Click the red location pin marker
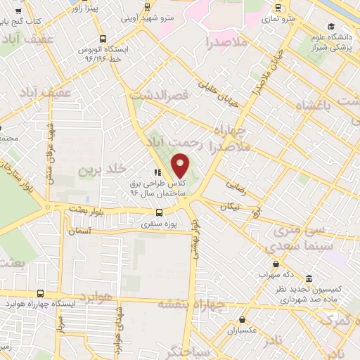point(181,165)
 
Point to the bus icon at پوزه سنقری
point(160,212)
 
